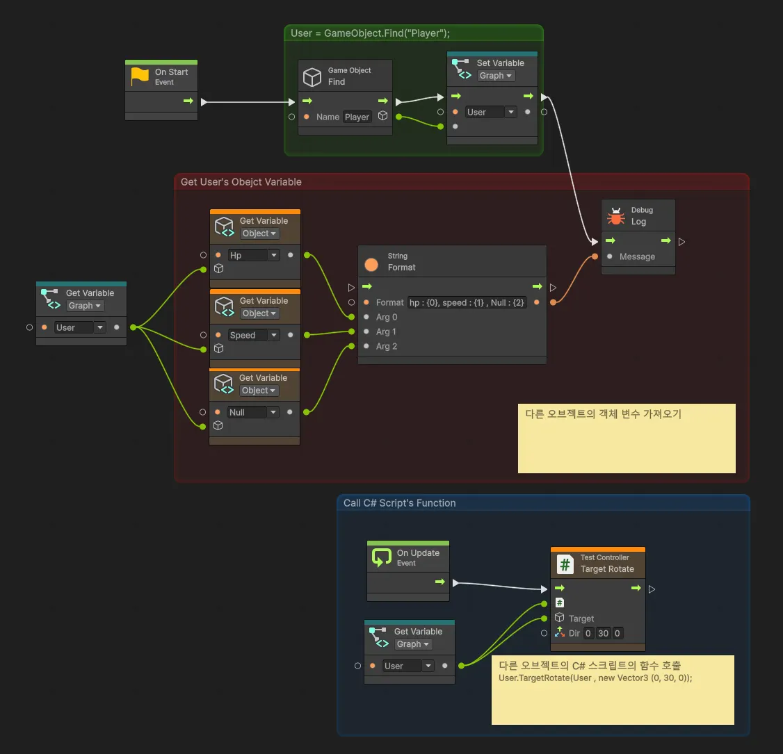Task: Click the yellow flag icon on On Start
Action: [140, 76]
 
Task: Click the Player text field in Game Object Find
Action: [357, 117]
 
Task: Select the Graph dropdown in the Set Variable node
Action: [495, 76]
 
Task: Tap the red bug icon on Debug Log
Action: [616, 216]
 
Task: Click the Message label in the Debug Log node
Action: [637, 256]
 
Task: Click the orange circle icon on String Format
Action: [371, 264]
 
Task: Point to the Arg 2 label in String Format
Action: [386, 346]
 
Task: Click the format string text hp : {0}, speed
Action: [467, 302]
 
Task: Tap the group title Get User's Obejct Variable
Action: [241, 182]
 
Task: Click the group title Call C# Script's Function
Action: [400, 503]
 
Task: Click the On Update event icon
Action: [381, 557]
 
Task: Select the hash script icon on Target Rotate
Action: [565, 564]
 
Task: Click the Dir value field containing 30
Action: [603, 633]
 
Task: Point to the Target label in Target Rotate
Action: [581, 618]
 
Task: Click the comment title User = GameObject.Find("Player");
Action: [370, 33]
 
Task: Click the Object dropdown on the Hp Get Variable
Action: [259, 233]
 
